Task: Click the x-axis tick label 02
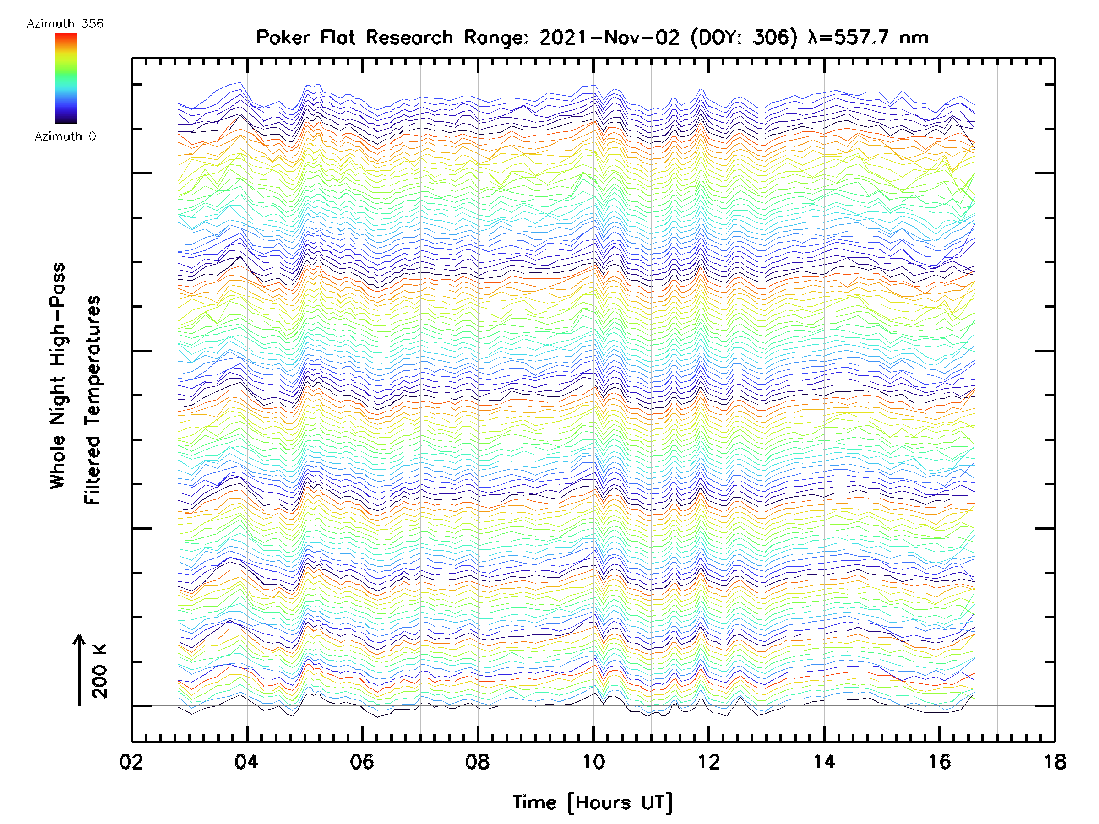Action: [x=131, y=761]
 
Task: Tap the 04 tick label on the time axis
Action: [x=246, y=761]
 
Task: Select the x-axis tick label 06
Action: [x=362, y=761]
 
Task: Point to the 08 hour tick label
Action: [x=478, y=761]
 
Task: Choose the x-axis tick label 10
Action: [x=593, y=761]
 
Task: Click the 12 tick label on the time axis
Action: [x=708, y=761]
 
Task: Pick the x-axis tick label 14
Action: [x=824, y=761]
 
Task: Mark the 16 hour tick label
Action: [x=940, y=761]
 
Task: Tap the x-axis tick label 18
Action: [x=1055, y=761]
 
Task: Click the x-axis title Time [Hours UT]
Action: [x=593, y=802]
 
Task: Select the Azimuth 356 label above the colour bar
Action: [x=65, y=24]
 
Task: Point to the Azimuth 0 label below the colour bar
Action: [x=65, y=136]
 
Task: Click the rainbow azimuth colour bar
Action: [x=66, y=78]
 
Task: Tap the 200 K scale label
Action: [x=100, y=672]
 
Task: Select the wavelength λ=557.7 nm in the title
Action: [x=868, y=38]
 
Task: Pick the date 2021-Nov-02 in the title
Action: [x=609, y=38]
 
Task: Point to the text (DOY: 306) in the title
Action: [x=744, y=38]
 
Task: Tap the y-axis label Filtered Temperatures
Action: [x=92, y=400]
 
